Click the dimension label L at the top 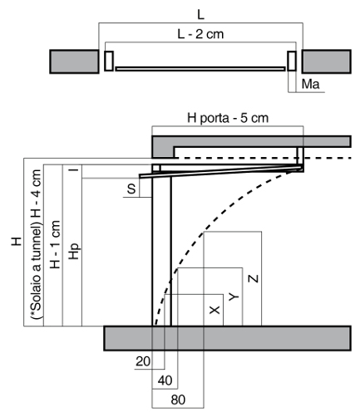[x=200, y=15]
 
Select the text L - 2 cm [x=200, y=34]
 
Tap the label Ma [x=310, y=84]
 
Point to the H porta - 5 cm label [x=228, y=118]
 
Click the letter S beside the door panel [x=131, y=189]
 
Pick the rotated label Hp [x=75, y=251]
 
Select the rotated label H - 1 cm [x=55, y=244]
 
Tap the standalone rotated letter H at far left [x=17, y=241]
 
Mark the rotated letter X [x=215, y=310]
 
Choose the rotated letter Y [x=234, y=297]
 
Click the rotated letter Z [x=253, y=278]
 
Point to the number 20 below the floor [x=143, y=361]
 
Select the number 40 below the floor [x=165, y=380]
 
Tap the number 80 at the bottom [x=178, y=400]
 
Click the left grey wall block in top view [x=74, y=61]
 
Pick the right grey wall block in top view [x=327, y=61]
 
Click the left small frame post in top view [x=109, y=61]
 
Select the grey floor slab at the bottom [x=228, y=338]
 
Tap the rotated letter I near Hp [x=74, y=169]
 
